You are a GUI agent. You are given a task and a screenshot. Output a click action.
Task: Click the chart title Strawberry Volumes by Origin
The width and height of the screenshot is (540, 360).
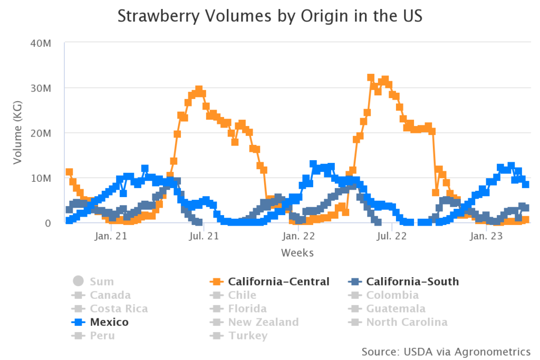point(269,16)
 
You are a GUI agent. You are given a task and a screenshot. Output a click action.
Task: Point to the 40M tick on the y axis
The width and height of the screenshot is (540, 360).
point(40,43)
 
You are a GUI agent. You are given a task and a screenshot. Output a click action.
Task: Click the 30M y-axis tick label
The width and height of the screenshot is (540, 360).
point(40,87)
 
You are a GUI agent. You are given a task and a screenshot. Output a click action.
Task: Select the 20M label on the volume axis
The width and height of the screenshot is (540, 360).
point(40,133)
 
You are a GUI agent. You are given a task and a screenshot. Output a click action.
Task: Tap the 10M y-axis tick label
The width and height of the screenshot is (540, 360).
point(40,178)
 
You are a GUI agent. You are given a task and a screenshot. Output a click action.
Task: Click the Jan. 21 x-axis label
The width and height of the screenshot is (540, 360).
point(110,237)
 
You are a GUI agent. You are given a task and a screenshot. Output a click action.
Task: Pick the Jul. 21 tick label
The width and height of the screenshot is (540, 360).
point(204,237)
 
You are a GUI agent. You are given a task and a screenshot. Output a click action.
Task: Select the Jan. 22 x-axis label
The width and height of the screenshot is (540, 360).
point(298,237)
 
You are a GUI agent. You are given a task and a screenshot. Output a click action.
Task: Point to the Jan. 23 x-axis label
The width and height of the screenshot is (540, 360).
point(485,237)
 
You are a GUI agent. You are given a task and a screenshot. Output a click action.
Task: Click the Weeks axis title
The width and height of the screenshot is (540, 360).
point(297,253)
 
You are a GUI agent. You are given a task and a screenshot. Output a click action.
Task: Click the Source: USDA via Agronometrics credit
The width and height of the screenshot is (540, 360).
point(446,351)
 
